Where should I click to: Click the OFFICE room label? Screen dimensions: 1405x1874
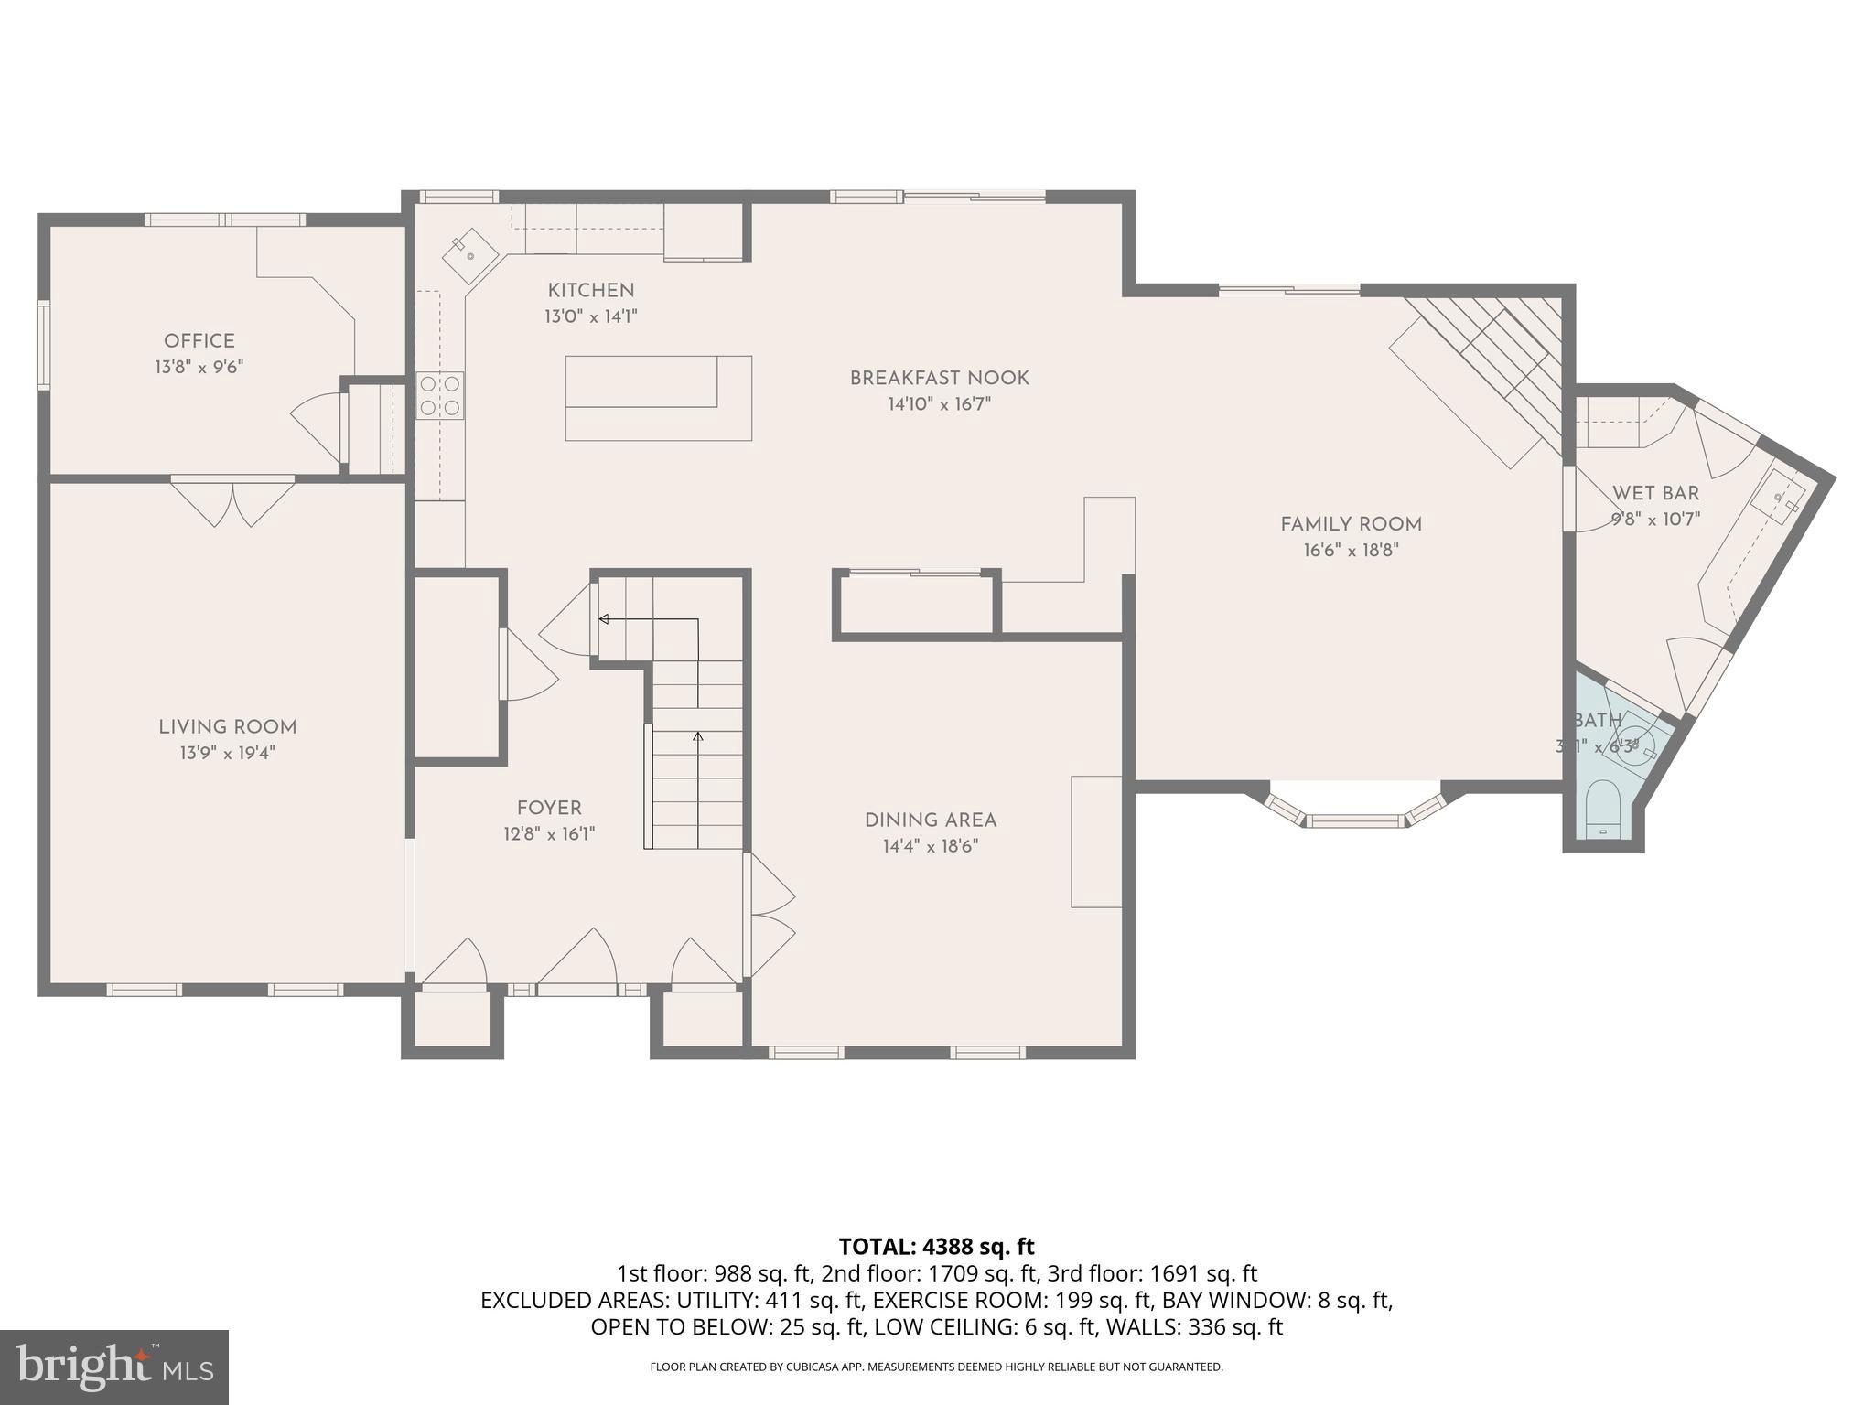click(x=199, y=341)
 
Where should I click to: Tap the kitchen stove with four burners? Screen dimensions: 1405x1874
click(x=439, y=395)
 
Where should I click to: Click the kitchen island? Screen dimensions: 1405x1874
click(x=658, y=398)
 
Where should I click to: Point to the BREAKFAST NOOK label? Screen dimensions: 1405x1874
click(x=939, y=378)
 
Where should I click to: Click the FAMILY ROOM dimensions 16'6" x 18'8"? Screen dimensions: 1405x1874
click(x=1351, y=551)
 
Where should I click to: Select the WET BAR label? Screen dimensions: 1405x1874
click(x=1655, y=494)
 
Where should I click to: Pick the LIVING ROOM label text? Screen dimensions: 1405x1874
click(x=228, y=727)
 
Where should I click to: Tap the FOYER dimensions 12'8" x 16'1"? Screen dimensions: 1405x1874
click(x=549, y=834)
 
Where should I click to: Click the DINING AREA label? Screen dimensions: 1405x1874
click(x=931, y=820)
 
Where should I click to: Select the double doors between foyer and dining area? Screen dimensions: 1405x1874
click(x=770, y=914)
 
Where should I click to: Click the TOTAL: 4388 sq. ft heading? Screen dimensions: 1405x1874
click(x=936, y=1247)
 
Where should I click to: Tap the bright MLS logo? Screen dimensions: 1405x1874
click(x=114, y=1367)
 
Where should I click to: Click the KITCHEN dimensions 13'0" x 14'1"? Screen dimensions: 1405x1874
click(x=590, y=316)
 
